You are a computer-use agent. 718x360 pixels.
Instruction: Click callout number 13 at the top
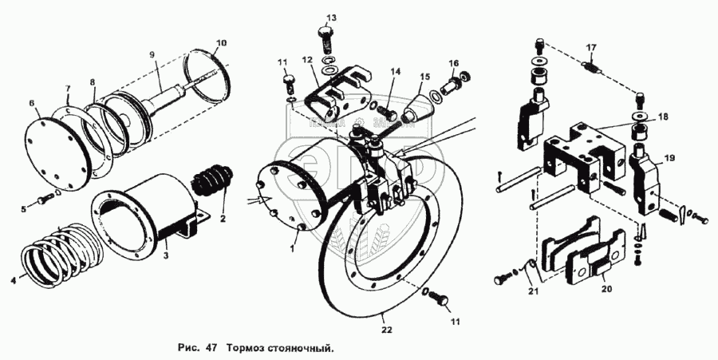tap(331, 17)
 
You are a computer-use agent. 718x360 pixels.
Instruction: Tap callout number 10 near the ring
tap(221, 42)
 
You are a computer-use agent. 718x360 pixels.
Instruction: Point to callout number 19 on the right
tap(669, 159)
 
